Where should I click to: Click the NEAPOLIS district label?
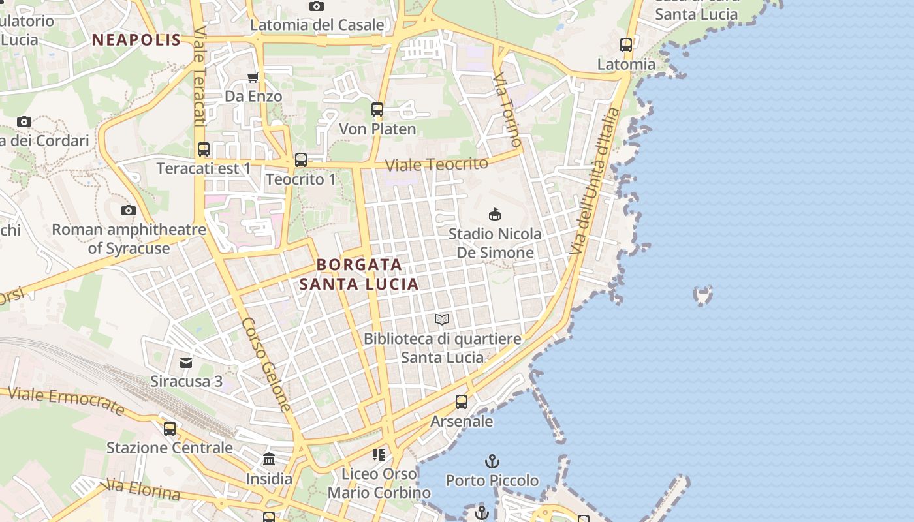(136, 40)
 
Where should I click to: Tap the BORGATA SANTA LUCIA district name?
(359, 275)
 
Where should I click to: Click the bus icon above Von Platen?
(377, 110)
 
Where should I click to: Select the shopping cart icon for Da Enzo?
(253, 78)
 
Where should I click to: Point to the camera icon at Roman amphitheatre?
(129, 210)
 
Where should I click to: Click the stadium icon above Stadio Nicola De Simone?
(495, 214)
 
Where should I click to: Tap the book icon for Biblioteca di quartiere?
(442, 320)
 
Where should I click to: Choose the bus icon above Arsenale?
(462, 402)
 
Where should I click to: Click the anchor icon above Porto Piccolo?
(492, 462)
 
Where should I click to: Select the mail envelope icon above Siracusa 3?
(187, 362)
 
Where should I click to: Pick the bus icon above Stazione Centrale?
(170, 429)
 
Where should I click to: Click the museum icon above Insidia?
(269, 459)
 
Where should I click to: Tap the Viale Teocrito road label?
(437, 164)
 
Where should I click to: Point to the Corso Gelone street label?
(267, 364)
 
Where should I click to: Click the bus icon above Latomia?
(626, 45)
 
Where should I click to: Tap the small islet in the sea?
(703, 296)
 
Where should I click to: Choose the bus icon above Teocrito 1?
(301, 160)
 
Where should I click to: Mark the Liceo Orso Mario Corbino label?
(379, 483)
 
